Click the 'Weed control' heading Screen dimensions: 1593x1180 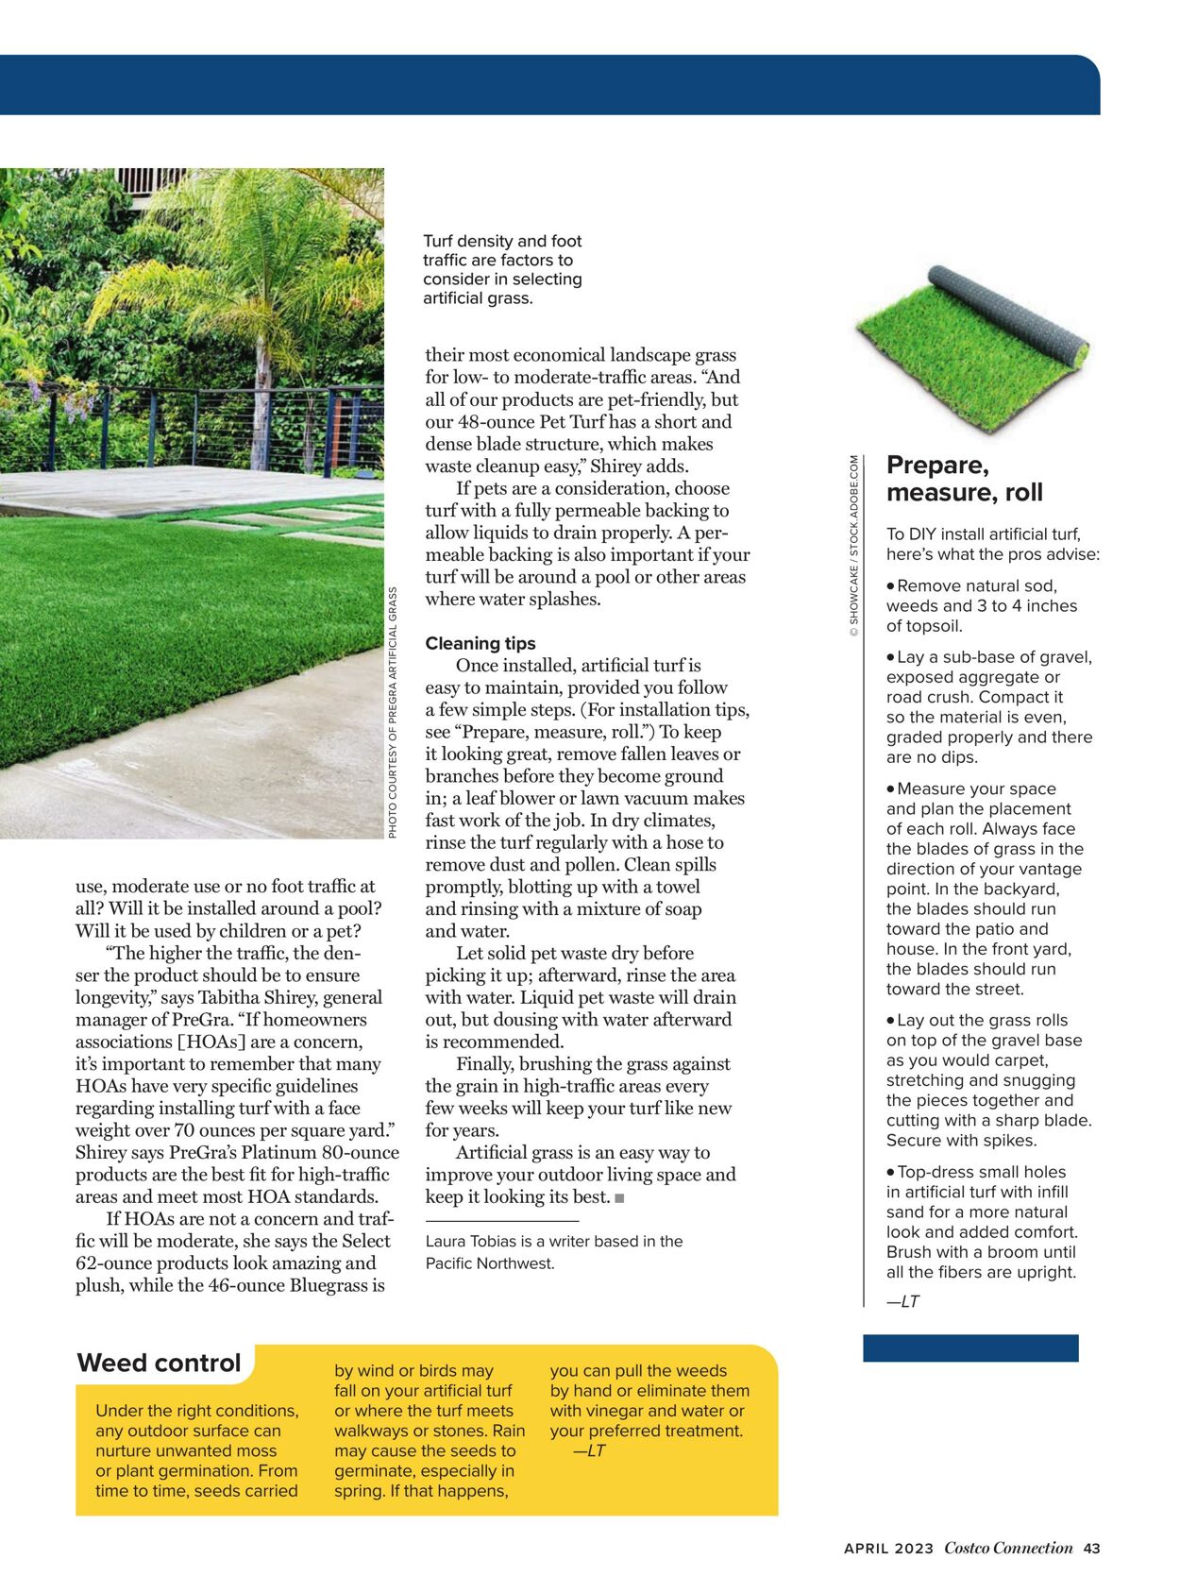[159, 1363]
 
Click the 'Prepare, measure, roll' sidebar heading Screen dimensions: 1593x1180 [964, 479]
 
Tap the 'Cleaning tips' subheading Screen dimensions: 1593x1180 [480, 643]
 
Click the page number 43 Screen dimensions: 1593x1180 [1091, 1549]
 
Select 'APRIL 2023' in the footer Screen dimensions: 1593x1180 [888, 1549]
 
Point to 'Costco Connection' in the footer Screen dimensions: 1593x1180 [1008, 1549]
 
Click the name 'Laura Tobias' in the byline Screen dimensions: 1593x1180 [469, 1242]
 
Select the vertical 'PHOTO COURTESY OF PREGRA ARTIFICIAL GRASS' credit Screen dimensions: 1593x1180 [393, 713]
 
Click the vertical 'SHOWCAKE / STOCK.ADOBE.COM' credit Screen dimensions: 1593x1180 [853, 546]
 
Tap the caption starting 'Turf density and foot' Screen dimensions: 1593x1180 [502, 269]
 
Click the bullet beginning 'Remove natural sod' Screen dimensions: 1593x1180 [977, 605]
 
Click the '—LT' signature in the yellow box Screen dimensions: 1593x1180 [589, 1450]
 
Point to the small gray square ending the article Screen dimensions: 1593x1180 [619, 1198]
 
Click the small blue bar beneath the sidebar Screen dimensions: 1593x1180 [970, 1347]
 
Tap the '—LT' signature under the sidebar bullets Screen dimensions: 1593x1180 [902, 1301]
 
